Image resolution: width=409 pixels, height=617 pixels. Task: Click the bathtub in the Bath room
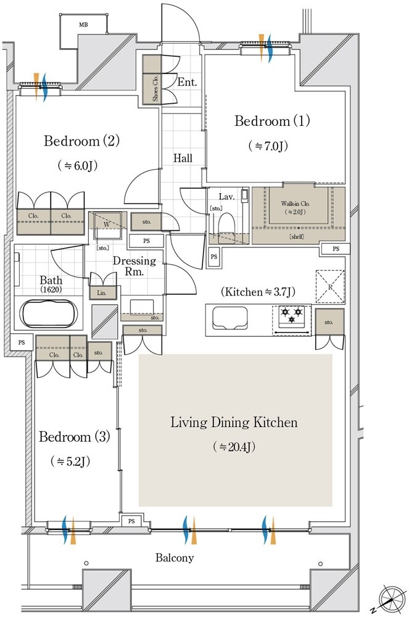click(x=48, y=313)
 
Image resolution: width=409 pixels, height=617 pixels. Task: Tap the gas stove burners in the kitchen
click(x=291, y=315)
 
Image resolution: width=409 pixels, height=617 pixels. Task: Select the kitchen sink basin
click(x=230, y=318)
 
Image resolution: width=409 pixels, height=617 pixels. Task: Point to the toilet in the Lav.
click(x=226, y=225)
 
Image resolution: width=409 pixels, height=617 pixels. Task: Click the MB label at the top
click(x=83, y=25)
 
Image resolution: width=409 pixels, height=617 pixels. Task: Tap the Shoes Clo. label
click(x=155, y=88)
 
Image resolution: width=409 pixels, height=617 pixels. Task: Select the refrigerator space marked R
click(x=331, y=287)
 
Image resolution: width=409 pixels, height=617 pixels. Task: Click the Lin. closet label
click(x=101, y=293)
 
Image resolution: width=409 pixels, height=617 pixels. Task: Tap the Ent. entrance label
click(x=187, y=82)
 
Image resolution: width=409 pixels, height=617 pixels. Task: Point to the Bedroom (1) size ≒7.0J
click(x=268, y=146)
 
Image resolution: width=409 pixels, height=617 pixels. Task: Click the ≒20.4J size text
click(x=234, y=447)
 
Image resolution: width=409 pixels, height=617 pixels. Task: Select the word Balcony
click(x=175, y=558)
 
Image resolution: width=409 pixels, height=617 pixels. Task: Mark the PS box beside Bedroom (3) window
click(x=131, y=521)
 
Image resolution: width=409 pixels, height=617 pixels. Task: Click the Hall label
click(x=183, y=159)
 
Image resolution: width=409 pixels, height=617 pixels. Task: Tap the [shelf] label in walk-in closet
click(x=297, y=237)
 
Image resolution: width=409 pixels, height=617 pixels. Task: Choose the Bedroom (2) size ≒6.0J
click(x=78, y=165)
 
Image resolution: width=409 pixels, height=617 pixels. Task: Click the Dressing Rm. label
click(x=134, y=266)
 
